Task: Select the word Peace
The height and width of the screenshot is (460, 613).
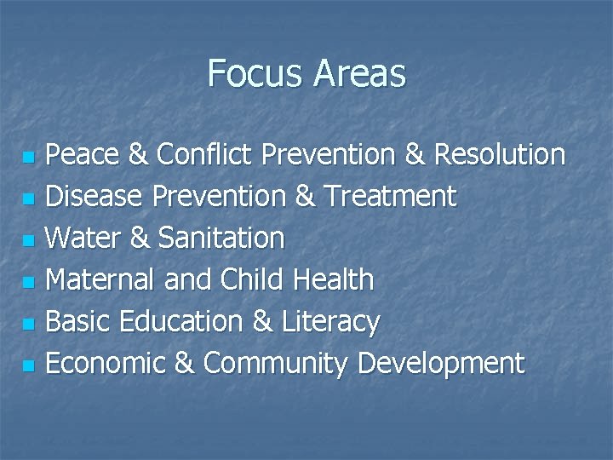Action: (x=83, y=155)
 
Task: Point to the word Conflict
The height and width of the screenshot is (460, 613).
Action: (x=203, y=155)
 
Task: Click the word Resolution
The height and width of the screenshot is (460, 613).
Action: (x=500, y=155)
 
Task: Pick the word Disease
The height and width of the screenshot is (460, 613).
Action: (x=95, y=197)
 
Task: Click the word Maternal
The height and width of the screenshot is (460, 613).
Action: (x=100, y=280)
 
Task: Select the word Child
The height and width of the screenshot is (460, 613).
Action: (x=252, y=280)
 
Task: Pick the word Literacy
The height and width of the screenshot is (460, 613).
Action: (x=328, y=322)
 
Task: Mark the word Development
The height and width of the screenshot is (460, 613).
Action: (x=442, y=364)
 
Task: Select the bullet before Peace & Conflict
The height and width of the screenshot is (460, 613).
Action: (x=28, y=158)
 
